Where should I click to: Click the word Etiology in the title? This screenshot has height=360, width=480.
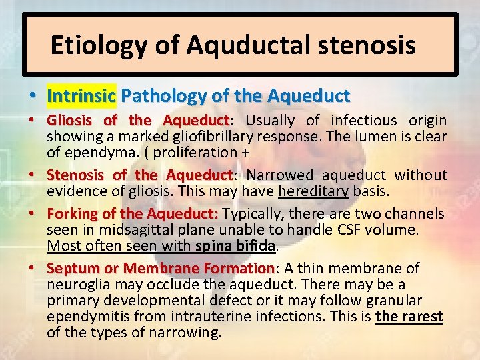tap(91, 45)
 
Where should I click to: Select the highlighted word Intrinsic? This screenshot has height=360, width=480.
tap(81, 96)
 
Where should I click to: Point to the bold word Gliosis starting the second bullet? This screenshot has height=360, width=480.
tap(71, 121)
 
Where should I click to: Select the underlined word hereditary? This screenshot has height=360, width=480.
tap(313, 191)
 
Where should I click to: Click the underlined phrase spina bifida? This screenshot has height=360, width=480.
tap(235, 245)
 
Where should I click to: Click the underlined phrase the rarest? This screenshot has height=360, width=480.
tap(409, 317)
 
